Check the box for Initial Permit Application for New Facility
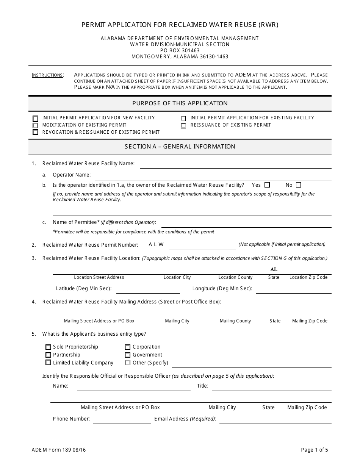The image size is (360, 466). click(36, 118)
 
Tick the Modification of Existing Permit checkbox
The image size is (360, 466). click(36, 125)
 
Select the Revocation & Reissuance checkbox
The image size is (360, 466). click(36, 132)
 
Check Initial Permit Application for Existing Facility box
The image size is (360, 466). click(183, 119)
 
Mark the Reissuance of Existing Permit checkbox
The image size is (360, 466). click(183, 125)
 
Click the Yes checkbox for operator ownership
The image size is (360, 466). click(267, 185)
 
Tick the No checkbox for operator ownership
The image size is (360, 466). click(298, 185)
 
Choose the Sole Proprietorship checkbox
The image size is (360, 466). click(48, 347)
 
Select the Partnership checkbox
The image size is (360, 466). click(48, 355)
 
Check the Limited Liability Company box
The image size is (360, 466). click(48, 363)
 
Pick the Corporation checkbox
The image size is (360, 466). click(128, 347)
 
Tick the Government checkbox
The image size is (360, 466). click(128, 355)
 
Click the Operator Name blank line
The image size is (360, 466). click(212, 177)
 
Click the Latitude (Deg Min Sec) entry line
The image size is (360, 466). click(148, 290)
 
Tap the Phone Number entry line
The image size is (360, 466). click(122, 421)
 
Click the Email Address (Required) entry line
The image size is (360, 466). click(275, 421)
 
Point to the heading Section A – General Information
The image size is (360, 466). click(180, 147)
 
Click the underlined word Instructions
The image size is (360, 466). click(47, 75)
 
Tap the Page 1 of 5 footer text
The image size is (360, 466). click(315, 450)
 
